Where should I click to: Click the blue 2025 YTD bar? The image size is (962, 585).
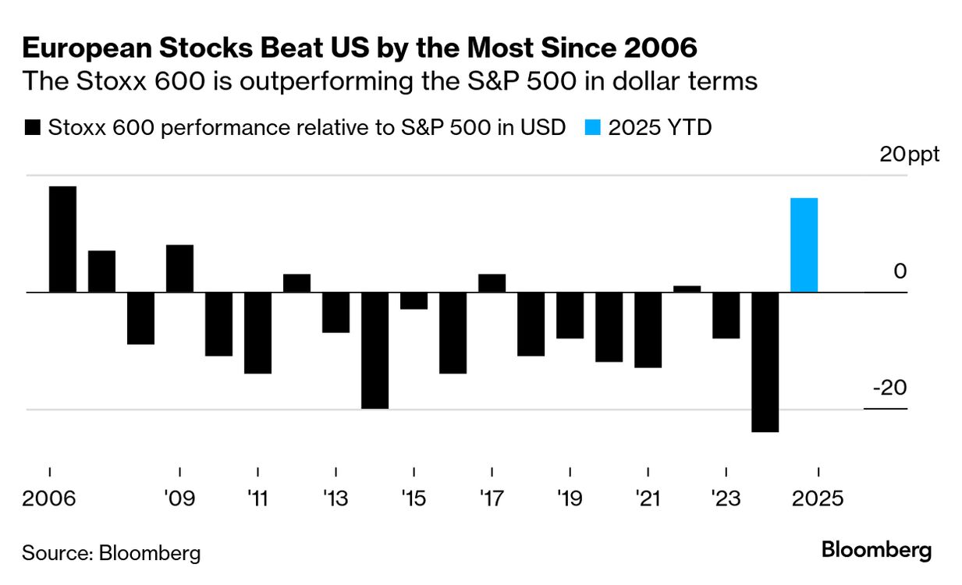[x=804, y=245]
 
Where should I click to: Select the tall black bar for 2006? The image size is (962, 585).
[x=62, y=239]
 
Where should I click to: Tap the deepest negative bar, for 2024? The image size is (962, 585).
[x=765, y=362]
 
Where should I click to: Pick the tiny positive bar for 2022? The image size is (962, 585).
[x=687, y=289]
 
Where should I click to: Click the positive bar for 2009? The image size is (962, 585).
[x=179, y=268]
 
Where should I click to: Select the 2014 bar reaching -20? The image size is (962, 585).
[x=375, y=350]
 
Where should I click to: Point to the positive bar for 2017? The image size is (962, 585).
[x=492, y=283]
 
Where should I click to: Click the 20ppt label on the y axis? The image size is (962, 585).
[x=909, y=154]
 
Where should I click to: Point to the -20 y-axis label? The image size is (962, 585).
[x=889, y=388]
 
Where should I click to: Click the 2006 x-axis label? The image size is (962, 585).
[x=49, y=498]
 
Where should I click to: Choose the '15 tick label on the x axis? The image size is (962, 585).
[x=414, y=498]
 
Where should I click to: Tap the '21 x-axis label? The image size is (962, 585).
[x=648, y=498]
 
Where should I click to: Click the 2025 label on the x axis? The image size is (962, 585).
[x=817, y=498]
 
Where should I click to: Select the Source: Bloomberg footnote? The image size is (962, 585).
[x=111, y=553]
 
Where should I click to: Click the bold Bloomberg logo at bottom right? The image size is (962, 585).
[x=876, y=550]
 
